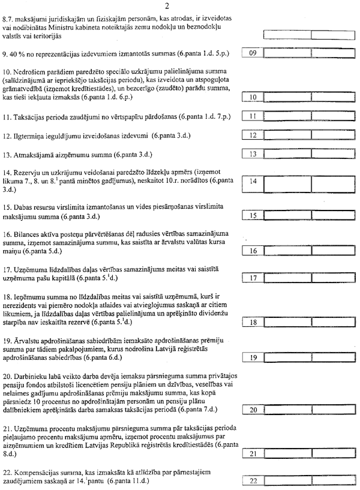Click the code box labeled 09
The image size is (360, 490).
(x=253, y=53)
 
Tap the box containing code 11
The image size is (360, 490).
(x=253, y=116)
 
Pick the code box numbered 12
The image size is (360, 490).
(x=253, y=136)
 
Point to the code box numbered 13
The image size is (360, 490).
(x=253, y=155)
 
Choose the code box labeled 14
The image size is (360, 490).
(x=253, y=181)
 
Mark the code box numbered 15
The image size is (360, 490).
(x=253, y=215)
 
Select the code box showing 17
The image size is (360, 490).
(x=253, y=278)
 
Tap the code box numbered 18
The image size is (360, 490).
(x=253, y=323)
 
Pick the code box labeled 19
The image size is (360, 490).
(x=253, y=358)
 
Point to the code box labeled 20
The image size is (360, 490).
(x=253, y=410)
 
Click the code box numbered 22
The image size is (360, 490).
(x=253, y=481)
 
